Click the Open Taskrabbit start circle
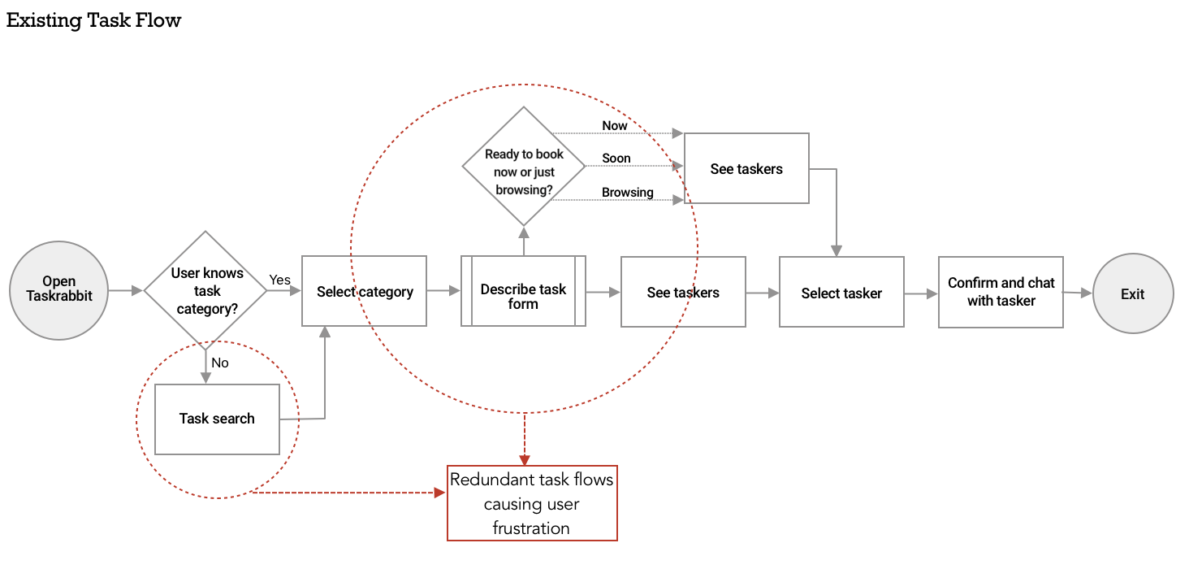[58, 289]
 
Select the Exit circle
[1133, 293]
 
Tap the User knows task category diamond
[206, 290]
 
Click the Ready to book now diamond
[524, 167]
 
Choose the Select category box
[364, 291]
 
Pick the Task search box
[217, 419]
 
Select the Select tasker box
[841, 293]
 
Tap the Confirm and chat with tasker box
[1001, 292]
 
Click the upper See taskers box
[746, 168]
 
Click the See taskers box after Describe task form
[683, 292]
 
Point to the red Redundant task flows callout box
[532, 503]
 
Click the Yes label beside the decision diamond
[279, 280]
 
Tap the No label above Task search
[219, 363]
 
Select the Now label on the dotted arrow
[615, 125]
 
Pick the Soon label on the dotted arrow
[616, 159]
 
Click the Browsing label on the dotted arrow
[627, 193]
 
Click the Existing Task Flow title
[93, 20]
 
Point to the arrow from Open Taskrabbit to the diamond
[126, 289]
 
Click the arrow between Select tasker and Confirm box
[921, 293]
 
